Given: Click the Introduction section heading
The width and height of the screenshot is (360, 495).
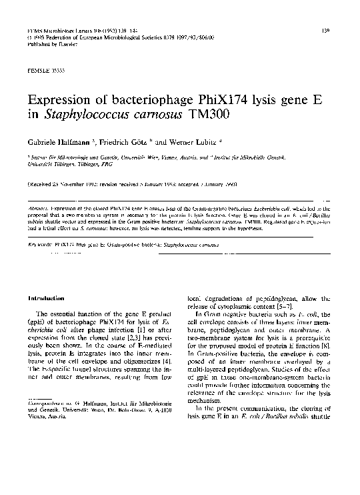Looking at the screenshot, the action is pyautogui.click(x=45, y=298).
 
